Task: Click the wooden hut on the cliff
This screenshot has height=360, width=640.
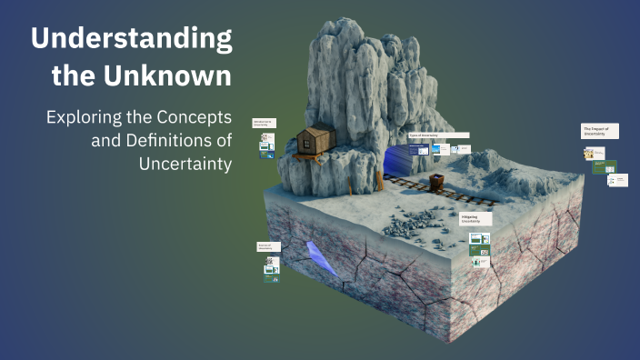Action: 315,143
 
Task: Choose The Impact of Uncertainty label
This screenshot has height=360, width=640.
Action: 600,131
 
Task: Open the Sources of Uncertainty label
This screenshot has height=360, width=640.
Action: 268,246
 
